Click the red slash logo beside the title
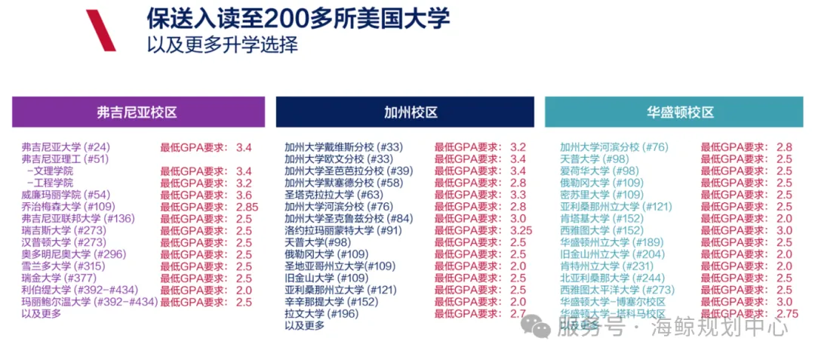point(100,30)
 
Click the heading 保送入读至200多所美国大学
point(298,18)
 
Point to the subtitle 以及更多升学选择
point(222,45)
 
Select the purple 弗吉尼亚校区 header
point(138,112)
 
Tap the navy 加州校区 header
point(411,112)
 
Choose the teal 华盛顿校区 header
point(680,112)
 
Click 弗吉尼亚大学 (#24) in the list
point(66,147)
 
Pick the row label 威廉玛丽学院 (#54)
point(66,195)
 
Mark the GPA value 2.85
point(248,207)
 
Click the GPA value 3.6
point(244,195)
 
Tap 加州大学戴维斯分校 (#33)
point(343,147)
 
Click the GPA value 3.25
point(521,230)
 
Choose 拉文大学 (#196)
point(321,313)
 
